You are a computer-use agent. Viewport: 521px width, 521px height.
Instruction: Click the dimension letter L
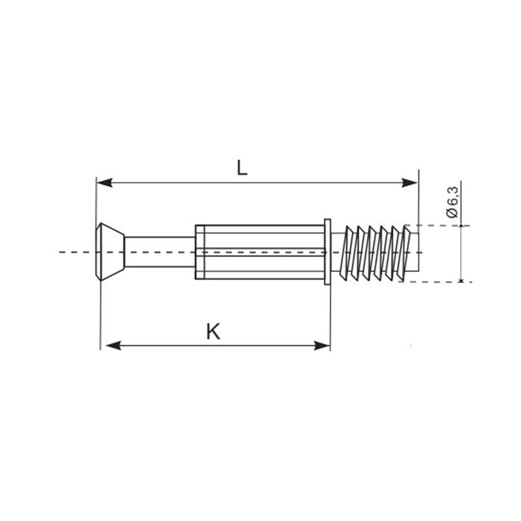[x=242, y=167]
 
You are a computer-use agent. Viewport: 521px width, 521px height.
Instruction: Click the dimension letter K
[x=213, y=331]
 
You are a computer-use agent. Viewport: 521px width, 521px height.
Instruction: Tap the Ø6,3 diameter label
[x=453, y=202]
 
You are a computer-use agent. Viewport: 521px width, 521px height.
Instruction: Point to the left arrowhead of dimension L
[x=104, y=182]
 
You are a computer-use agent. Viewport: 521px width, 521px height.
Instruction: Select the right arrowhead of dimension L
[x=409, y=182]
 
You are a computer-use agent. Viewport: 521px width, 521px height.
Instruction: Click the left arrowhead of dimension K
[x=113, y=345]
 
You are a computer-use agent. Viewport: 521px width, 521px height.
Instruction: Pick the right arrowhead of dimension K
[x=322, y=345]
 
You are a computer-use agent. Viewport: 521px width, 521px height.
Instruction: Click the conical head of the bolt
[x=110, y=252]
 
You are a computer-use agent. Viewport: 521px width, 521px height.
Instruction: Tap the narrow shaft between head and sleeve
[x=160, y=252]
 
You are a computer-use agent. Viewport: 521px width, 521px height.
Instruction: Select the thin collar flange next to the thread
[x=327, y=252]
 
